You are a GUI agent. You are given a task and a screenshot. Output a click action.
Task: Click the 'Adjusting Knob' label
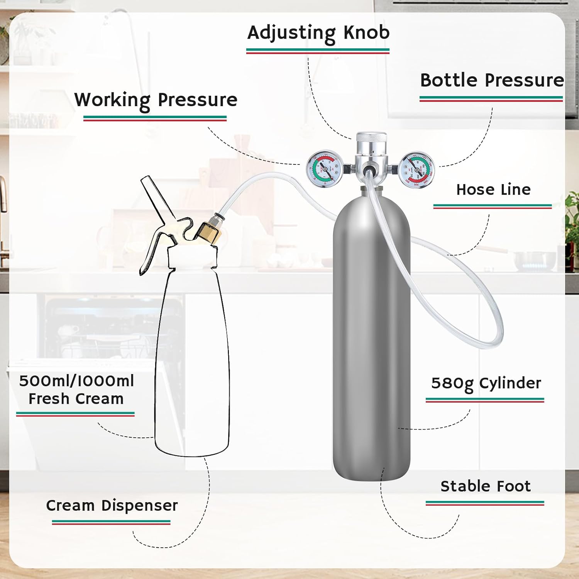318,33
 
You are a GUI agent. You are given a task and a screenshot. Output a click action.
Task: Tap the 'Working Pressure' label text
156,100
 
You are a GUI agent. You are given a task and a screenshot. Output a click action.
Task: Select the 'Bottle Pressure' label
492,81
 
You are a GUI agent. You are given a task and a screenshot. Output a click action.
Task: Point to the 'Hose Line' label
493,190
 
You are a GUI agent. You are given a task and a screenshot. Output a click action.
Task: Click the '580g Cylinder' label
486,383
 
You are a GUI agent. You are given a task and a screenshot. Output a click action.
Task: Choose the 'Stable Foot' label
485,486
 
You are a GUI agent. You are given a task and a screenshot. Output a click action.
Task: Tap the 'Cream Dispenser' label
112,506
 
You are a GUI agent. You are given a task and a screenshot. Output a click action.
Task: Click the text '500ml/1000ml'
76,381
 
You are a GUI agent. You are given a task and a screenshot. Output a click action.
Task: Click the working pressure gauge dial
324,169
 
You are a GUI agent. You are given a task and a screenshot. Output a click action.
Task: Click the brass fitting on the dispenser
208,233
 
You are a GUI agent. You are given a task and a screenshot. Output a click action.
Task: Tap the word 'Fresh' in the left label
49,399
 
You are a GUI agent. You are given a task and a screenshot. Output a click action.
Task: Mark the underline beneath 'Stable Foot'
485,503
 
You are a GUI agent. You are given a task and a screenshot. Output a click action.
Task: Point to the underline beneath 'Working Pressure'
155,118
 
